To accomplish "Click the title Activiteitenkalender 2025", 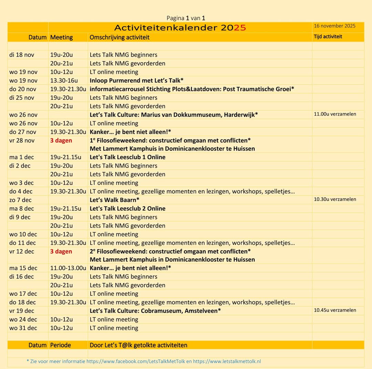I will point(180,28).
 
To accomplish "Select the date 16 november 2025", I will point(334,26).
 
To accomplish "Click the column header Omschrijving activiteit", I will point(120,37).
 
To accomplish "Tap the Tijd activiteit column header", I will point(328,36).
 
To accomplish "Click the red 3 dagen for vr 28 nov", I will point(61,140).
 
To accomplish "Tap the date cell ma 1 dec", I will point(22,157).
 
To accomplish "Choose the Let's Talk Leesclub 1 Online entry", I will point(127,157).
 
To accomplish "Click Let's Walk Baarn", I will point(114,200).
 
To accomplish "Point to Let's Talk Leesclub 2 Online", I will point(127,209).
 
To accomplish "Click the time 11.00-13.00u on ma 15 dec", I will point(68,268).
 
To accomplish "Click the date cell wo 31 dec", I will point(23,328).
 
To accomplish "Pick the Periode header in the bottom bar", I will point(61,345).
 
